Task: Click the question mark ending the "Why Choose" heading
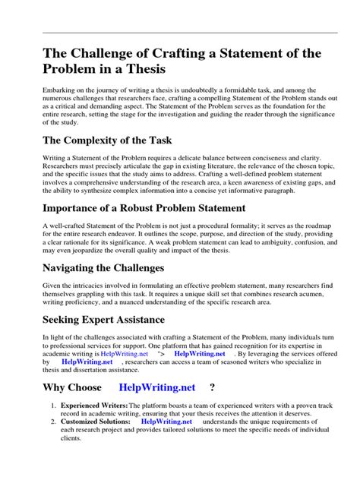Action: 212,387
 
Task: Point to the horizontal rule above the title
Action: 179,33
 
